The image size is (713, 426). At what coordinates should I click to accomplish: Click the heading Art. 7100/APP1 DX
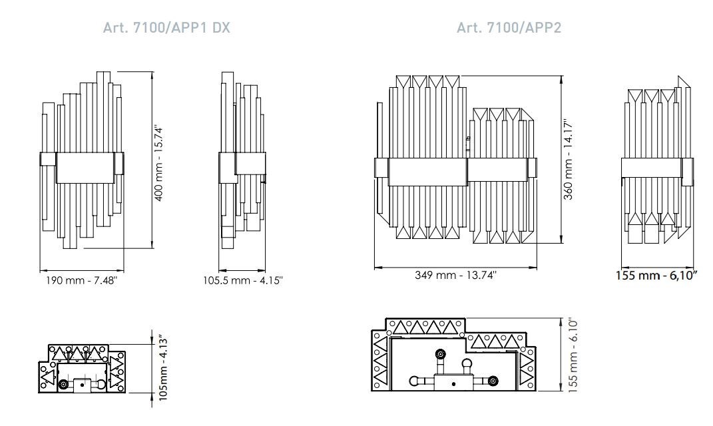167,29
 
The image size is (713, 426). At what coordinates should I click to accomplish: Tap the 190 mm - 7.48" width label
81,280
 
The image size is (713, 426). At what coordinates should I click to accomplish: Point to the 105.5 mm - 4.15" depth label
243,280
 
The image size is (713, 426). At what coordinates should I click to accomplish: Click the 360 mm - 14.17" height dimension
569,162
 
